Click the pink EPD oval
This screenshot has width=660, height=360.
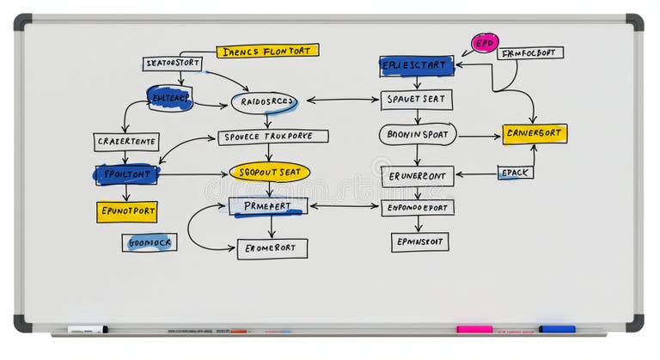pos(485,43)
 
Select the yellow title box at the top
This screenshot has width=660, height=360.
pos(267,51)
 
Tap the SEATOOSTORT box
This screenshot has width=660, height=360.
pos(172,64)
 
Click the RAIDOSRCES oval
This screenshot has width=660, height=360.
pos(265,102)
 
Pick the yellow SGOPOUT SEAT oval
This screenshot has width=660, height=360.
pos(269,172)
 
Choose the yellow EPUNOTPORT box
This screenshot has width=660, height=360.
pos(126,211)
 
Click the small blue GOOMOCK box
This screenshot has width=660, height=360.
pos(150,242)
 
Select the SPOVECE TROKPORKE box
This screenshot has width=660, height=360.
pos(273,137)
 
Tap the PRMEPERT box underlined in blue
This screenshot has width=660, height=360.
pos(268,206)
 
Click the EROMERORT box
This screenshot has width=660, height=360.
pos(272,248)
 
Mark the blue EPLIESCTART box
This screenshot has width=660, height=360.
pos(417,65)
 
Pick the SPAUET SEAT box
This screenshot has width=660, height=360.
pos(417,100)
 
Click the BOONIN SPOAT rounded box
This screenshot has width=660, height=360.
pos(418,134)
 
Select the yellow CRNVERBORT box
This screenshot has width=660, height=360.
pos(535,134)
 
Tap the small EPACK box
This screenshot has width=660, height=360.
pos(516,173)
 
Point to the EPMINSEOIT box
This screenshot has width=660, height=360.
pos(419,242)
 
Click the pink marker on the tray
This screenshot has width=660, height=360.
pos(474,329)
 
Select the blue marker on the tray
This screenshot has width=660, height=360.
pos(557,329)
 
